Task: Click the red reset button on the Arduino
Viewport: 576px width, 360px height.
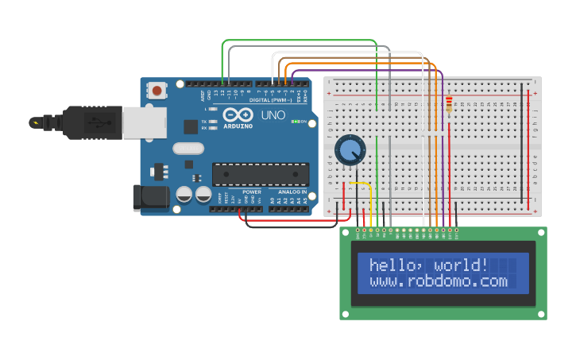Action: coord(157,91)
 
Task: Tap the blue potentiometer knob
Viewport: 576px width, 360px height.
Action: coord(350,149)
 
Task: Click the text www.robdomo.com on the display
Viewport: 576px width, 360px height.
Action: coord(438,281)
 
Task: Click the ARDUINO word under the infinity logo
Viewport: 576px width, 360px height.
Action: coord(238,126)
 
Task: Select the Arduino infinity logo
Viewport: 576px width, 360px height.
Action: coord(237,115)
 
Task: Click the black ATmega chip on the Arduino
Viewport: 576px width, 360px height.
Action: coord(261,174)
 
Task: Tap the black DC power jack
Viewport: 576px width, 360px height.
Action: coord(151,197)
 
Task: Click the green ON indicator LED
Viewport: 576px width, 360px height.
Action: coord(295,122)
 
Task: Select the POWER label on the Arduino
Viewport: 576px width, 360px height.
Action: coord(251,192)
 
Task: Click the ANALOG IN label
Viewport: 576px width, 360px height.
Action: coord(291,192)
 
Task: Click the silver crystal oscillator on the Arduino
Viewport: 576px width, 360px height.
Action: coord(188,148)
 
